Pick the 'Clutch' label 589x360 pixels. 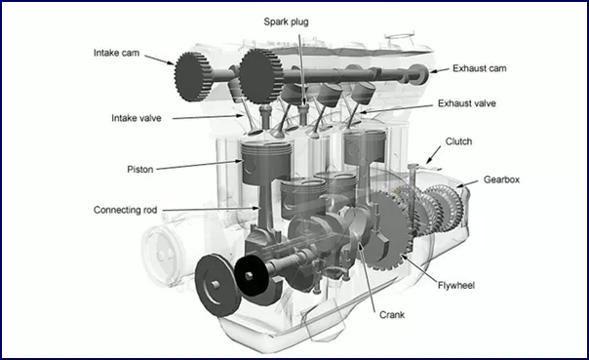click(x=458, y=141)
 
